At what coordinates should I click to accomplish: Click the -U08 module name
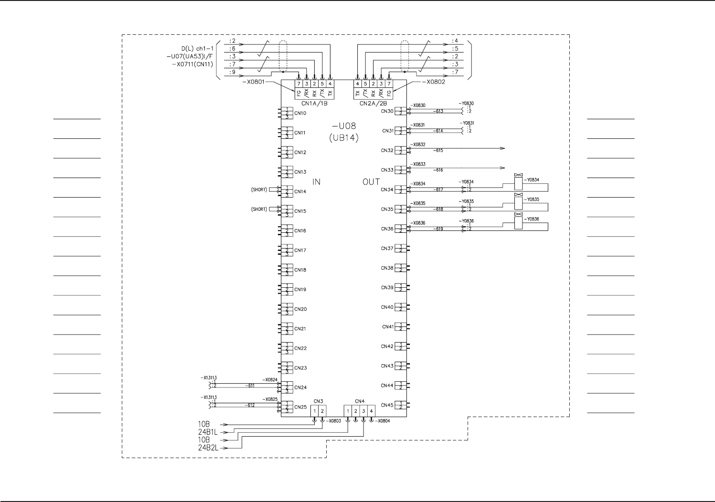tap(344, 127)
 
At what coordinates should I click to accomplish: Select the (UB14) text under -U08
tap(344, 138)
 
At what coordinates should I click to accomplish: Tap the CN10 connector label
tap(300, 114)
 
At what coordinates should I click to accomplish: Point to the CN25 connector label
tap(300, 408)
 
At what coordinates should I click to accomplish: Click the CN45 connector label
tap(387, 406)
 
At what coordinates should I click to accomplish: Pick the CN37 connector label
tap(387, 249)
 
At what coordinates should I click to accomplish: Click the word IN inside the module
tap(316, 182)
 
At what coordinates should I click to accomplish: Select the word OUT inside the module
tap(371, 182)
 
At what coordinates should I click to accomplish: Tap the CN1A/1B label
tap(314, 103)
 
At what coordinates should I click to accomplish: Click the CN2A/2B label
tap(374, 103)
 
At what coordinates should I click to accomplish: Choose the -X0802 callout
tap(433, 82)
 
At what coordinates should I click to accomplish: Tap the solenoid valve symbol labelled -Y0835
tap(518, 203)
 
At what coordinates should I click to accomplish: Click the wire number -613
tap(438, 112)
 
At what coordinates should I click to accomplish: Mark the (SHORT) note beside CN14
tap(259, 190)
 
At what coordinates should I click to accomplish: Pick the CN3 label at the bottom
tap(318, 401)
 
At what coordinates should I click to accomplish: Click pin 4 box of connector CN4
tap(371, 411)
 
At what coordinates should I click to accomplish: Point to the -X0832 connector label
tap(418, 145)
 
